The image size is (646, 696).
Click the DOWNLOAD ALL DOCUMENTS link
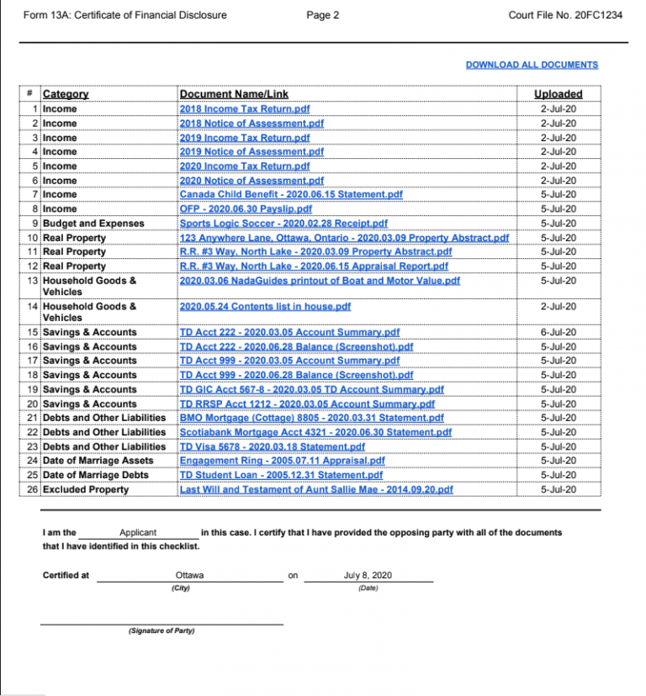[x=532, y=65]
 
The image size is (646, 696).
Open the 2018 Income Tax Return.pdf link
[x=244, y=109]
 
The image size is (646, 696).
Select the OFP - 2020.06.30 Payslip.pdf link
[x=246, y=209]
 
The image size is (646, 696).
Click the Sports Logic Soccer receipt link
[x=283, y=224]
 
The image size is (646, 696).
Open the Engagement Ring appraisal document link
[x=282, y=461]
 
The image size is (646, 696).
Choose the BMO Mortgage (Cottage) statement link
[x=299, y=418]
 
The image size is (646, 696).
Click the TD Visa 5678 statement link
[x=272, y=446]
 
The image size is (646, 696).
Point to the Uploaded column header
[x=558, y=94]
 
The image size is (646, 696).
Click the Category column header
[x=66, y=94]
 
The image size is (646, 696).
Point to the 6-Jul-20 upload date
[x=559, y=333]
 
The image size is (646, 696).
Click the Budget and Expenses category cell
[x=93, y=224]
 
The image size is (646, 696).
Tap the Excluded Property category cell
[x=86, y=489]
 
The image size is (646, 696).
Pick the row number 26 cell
[x=33, y=489]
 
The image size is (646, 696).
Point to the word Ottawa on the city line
[x=189, y=576]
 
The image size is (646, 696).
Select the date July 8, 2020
[x=368, y=576]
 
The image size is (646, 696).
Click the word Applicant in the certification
[x=138, y=533]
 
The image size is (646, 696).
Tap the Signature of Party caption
[x=161, y=630]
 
